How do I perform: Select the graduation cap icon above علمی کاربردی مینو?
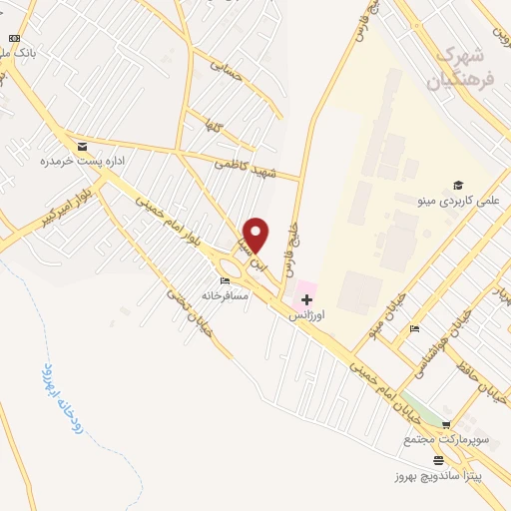pyautogui.click(x=458, y=185)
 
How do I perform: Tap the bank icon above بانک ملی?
pyautogui.click(x=14, y=38)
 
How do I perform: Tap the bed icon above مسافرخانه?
pyautogui.click(x=225, y=280)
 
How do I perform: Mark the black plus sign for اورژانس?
pyautogui.click(x=306, y=299)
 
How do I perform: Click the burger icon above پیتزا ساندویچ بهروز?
pyautogui.click(x=439, y=460)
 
